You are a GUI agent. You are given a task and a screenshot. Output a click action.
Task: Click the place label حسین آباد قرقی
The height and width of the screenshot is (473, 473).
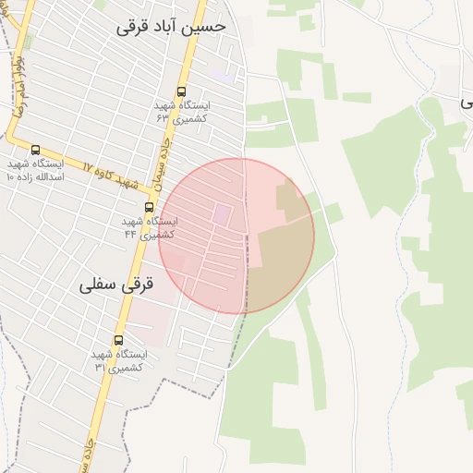click(x=172, y=27)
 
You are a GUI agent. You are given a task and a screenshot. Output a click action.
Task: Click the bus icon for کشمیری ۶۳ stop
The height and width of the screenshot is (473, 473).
click(x=180, y=92)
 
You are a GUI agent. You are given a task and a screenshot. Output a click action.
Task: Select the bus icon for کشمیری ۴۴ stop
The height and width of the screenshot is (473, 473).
click(x=149, y=207)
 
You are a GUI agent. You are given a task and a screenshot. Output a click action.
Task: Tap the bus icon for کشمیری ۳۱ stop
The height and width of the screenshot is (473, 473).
click(x=117, y=340)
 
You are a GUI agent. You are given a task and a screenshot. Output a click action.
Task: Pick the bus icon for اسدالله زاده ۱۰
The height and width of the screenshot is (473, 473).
click(x=36, y=150)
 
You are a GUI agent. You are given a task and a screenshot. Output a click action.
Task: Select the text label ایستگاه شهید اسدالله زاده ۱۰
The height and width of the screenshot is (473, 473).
click(x=35, y=170)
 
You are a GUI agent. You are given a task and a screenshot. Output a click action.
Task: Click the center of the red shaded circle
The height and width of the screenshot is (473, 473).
click(x=236, y=236)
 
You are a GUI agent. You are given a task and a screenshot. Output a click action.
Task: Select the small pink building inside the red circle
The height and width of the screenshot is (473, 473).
click(x=223, y=214)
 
